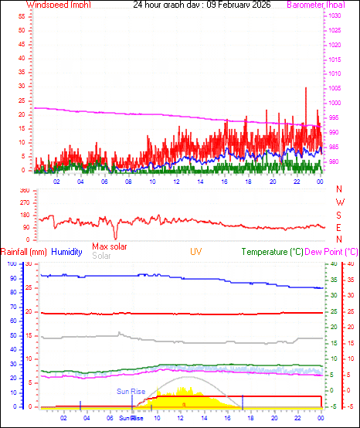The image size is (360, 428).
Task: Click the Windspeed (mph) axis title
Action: click(57, 5)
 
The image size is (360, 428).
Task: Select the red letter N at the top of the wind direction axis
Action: click(339, 189)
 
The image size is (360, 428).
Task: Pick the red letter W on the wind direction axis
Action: click(339, 202)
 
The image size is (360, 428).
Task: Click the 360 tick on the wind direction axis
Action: click(23, 190)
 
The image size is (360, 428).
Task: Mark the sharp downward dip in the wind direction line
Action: click(115, 236)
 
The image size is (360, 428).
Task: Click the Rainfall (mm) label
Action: click(24, 252)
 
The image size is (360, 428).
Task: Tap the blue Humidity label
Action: click(67, 252)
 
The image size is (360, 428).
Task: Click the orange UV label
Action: click(196, 252)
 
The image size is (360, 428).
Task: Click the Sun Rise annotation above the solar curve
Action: click(131, 392)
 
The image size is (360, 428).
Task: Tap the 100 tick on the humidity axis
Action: click(12, 263)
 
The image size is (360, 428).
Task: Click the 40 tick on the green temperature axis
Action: click(333, 263)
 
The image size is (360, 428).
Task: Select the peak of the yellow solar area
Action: click(183, 386)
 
